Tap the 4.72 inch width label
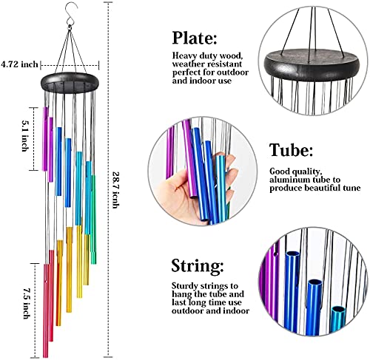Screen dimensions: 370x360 [x=19, y=64]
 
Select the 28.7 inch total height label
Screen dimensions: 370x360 [x=115, y=190]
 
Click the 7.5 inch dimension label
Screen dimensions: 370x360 [x=27, y=304]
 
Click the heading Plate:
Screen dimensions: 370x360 [x=195, y=38]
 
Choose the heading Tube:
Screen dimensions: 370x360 [x=291, y=150]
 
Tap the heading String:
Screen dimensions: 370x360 [x=198, y=266]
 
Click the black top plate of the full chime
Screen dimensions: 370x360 [x=70, y=83]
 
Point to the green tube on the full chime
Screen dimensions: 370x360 [x=93, y=220]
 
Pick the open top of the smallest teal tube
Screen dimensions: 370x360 [x=338, y=309]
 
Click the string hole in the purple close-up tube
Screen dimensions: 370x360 [x=277, y=253]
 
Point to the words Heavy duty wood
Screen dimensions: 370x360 [x=206, y=56]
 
